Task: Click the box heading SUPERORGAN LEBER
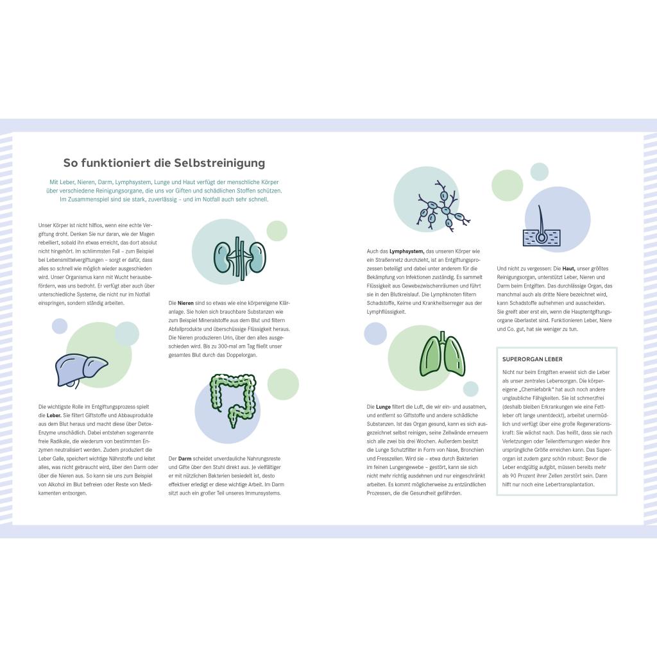click(x=533, y=359)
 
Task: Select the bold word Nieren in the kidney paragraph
click(x=185, y=303)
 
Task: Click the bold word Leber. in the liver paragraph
click(x=54, y=415)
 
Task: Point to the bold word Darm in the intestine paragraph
click(x=185, y=459)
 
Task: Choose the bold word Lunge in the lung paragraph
click(x=383, y=407)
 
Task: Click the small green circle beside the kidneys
click(x=277, y=230)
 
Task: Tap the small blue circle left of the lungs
click(x=375, y=334)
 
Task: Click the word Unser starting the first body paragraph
click(x=45, y=225)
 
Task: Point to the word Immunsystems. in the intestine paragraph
click(x=263, y=493)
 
